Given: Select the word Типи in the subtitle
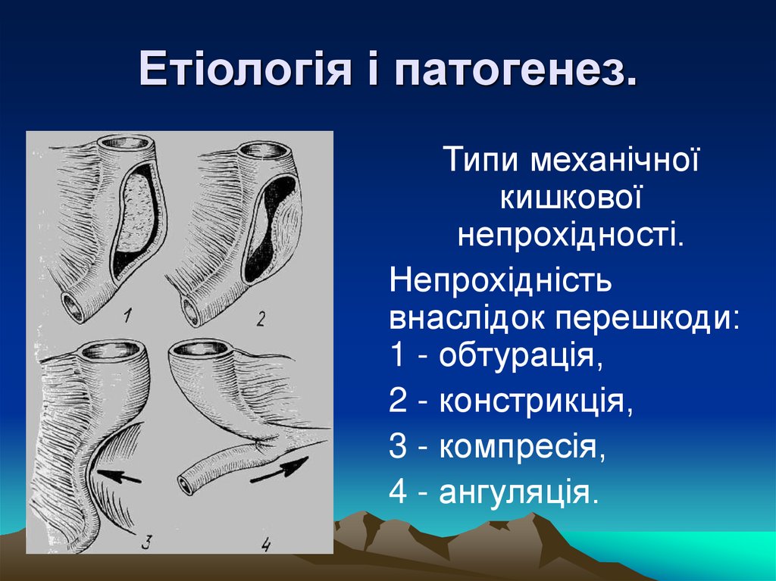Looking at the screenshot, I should tap(482, 161).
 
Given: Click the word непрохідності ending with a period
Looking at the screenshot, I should tap(571, 234).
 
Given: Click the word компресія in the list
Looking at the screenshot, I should tap(521, 447).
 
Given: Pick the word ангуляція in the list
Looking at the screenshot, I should tap(518, 492).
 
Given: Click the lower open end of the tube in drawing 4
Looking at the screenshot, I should tap(185, 485).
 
